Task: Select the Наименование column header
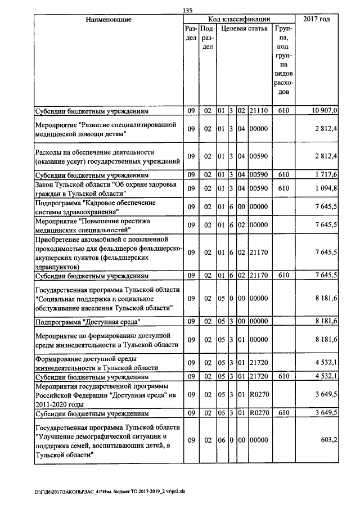click(109, 20)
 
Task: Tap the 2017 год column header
click(316, 20)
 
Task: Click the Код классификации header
click(239, 19)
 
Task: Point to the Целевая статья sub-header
click(244, 28)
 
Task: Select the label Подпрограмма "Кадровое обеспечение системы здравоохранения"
click(94, 207)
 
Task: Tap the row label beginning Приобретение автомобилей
click(107, 253)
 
